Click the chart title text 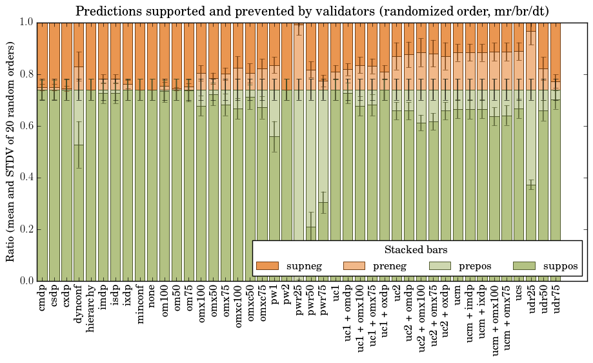click(x=312, y=11)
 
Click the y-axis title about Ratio click(x=11, y=151)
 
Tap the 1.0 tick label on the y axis click(x=26, y=22)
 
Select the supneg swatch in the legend click(x=267, y=265)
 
